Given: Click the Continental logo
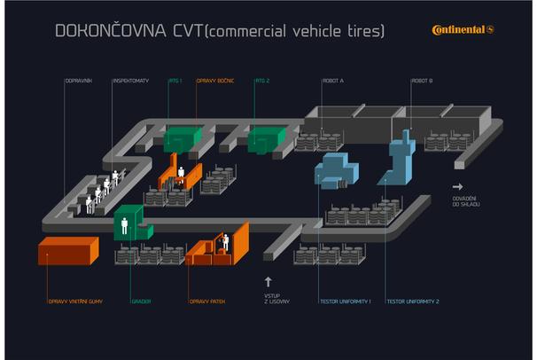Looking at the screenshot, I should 463,30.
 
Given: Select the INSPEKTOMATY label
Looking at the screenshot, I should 130,81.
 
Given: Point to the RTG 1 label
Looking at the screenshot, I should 175,81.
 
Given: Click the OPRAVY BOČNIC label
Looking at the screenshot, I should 214,81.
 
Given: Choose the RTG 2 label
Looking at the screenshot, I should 262,81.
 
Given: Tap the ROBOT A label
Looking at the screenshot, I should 333,81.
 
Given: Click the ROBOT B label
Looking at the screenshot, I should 422,81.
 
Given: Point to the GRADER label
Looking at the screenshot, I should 141,301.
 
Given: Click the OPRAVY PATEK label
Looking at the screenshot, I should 207,301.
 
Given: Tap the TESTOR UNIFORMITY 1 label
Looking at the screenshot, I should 345,301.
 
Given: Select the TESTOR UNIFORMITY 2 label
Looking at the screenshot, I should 413,301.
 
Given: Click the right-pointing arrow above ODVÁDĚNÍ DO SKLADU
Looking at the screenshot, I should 458,187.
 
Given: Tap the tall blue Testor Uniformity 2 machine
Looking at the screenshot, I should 404,160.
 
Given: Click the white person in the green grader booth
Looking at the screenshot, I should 124,225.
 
